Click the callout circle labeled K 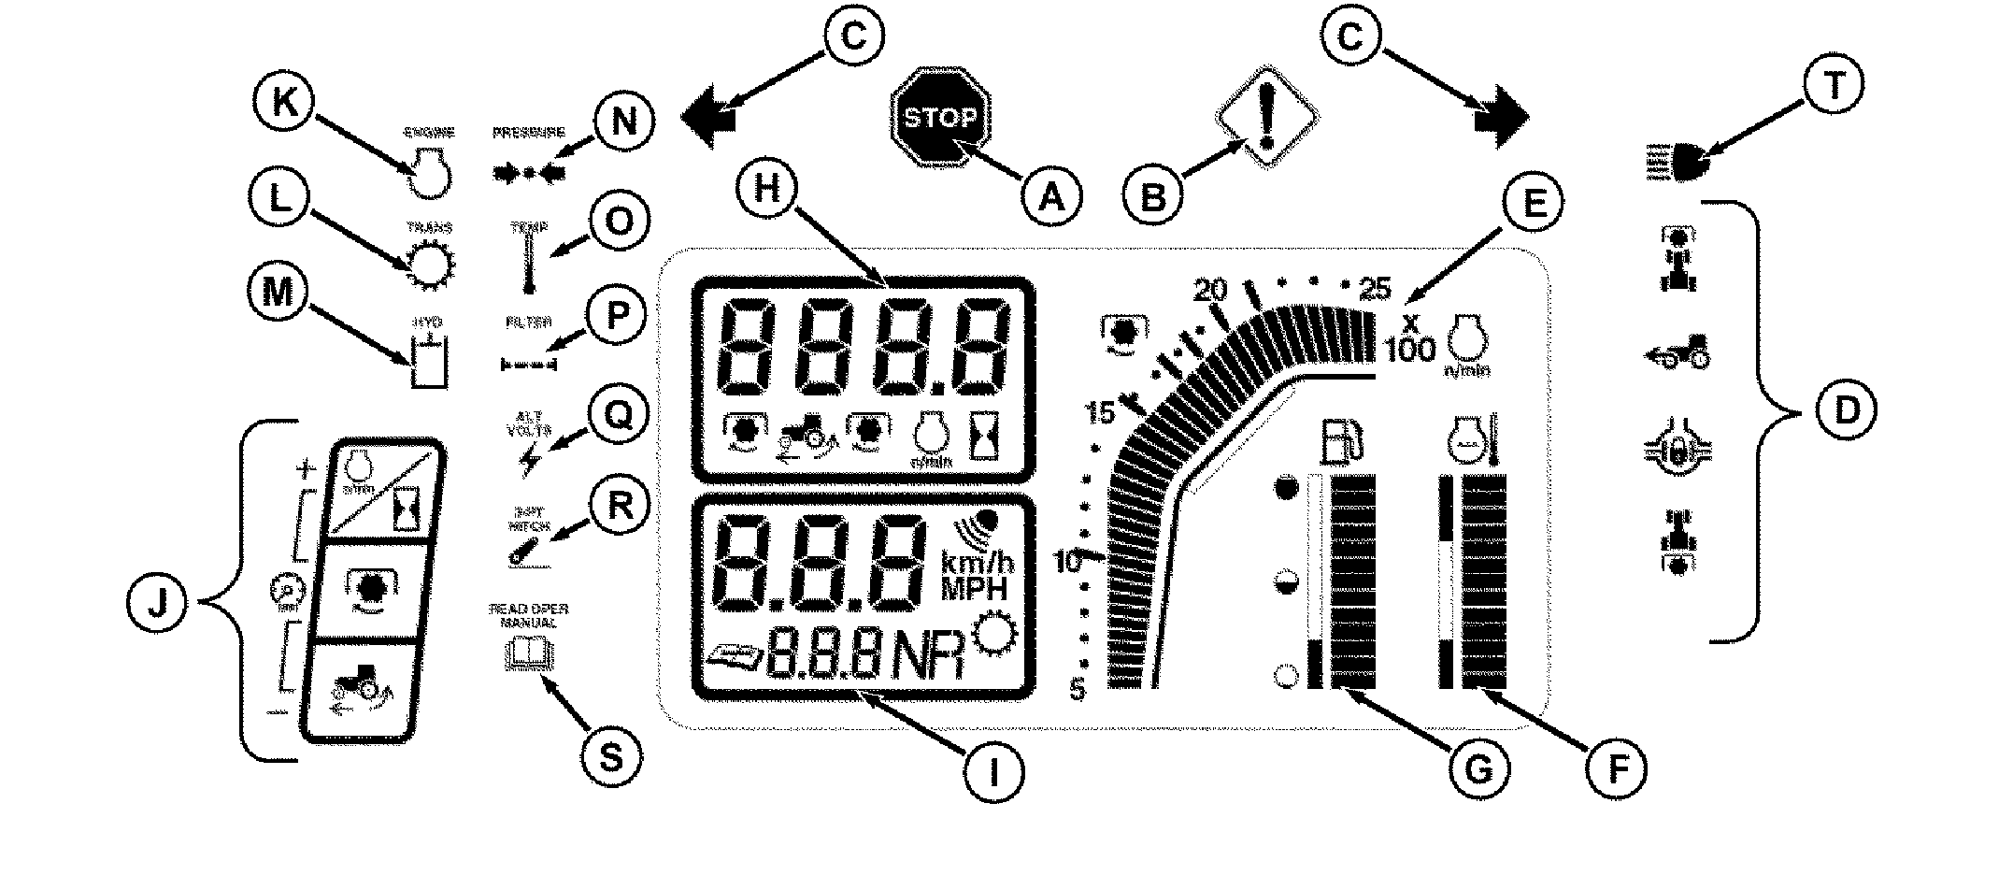[285, 105]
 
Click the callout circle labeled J [158, 601]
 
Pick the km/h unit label [976, 564]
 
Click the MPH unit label [976, 589]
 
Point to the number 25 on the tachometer [1376, 287]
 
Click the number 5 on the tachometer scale [1078, 691]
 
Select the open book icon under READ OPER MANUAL [529, 653]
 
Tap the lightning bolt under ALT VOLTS [532, 459]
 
